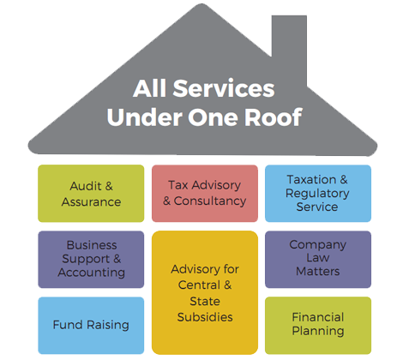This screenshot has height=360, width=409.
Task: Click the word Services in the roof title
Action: tap(224, 88)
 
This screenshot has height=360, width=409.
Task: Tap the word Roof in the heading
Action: tap(273, 117)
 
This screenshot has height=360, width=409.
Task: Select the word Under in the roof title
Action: tap(145, 117)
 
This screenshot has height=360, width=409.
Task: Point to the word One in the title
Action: tap(214, 117)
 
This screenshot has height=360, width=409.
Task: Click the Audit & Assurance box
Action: tap(91, 194)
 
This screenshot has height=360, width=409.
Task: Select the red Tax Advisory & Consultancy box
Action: tap(205, 194)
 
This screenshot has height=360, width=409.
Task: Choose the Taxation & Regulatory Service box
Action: tap(318, 194)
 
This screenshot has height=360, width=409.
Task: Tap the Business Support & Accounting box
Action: tap(91, 260)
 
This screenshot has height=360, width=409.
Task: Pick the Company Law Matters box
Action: tap(318, 260)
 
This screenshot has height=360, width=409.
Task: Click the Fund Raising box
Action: tap(91, 326)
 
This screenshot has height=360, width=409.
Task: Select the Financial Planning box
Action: tap(318, 326)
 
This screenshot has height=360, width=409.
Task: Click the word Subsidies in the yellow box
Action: tap(205, 317)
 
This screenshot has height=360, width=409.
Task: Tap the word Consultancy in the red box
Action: tap(210, 201)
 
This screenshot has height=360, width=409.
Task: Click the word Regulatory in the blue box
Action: tap(317, 194)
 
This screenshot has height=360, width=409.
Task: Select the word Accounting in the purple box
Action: tap(92, 273)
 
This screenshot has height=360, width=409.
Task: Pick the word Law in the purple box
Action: tap(318, 258)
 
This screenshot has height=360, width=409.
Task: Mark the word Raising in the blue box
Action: tap(108, 326)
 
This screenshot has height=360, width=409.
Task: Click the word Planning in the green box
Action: tap(318, 332)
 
